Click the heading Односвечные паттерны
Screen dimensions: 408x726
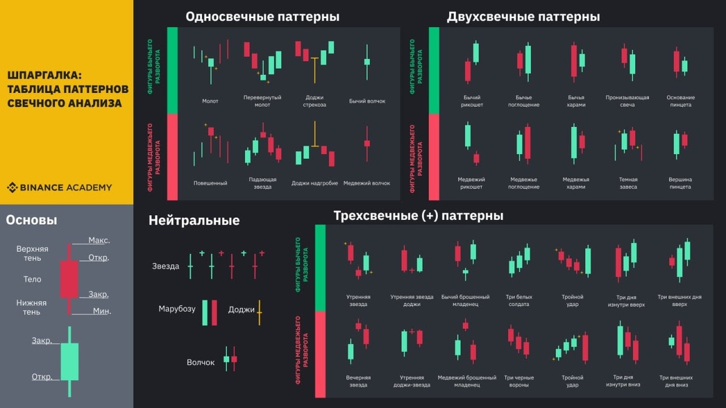[262, 17]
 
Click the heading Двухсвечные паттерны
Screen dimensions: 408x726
[523, 17]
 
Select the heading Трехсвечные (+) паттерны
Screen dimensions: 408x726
[418, 216]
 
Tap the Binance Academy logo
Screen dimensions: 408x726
[59, 187]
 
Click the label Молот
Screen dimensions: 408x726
[210, 102]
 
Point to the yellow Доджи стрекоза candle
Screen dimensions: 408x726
[315, 70]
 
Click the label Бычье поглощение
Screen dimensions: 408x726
[523, 101]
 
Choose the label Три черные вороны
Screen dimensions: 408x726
[518, 381]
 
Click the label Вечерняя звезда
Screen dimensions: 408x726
[358, 381]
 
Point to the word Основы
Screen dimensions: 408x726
[31, 221]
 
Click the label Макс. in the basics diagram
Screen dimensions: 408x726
[99, 241]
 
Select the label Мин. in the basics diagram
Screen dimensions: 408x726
[102, 311]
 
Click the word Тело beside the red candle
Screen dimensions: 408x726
[32, 279]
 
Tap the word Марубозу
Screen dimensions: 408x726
[177, 309]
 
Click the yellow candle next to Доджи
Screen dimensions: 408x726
[259, 312]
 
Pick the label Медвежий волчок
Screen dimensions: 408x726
[367, 183]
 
